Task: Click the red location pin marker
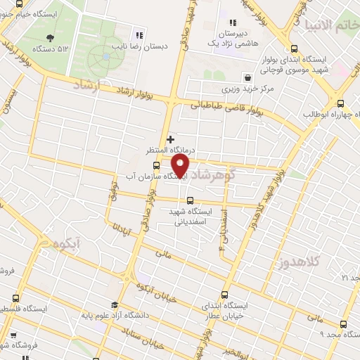(x=181, y=166)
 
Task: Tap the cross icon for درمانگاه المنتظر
(x=170, y=139)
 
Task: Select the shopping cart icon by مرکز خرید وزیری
(x=247, y=77)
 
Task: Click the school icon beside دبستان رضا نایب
(x=139, y=34)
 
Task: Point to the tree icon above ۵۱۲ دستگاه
(x=49, y=38)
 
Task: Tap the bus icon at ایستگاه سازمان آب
(x=156, y=166)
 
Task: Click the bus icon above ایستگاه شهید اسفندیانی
(x=191, y=200)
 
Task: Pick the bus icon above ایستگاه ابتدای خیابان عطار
(x=225, y=295)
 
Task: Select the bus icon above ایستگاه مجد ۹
(x=342, y=324)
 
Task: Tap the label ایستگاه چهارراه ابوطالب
(x=328, y=115)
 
